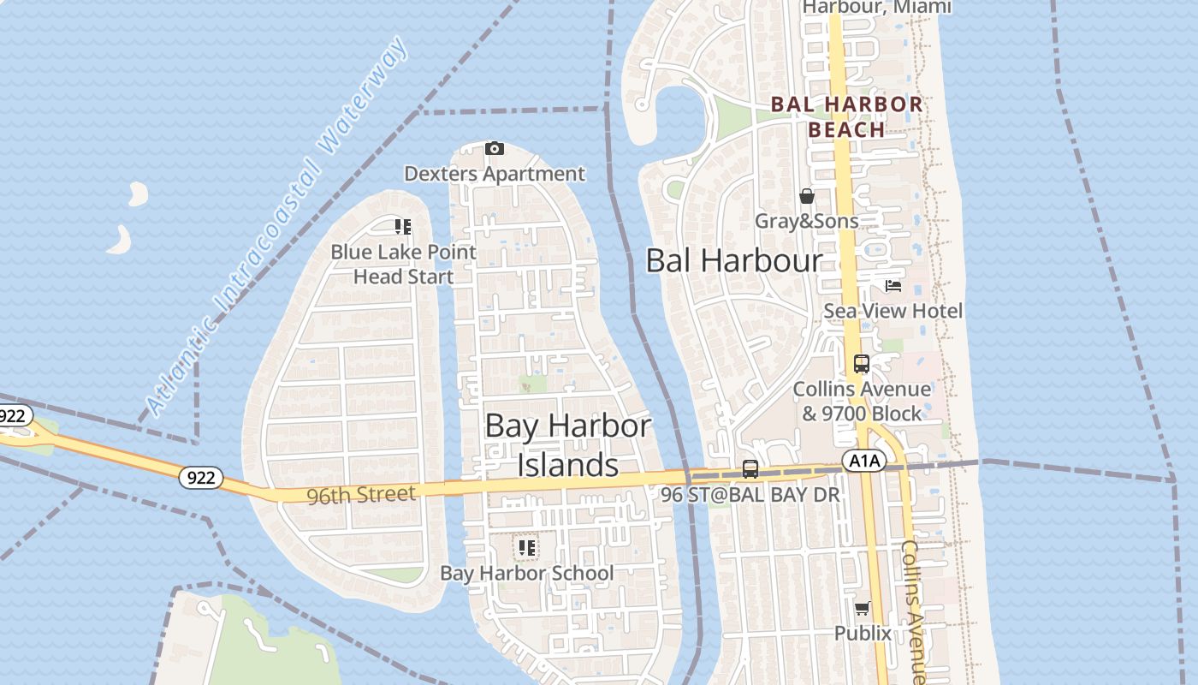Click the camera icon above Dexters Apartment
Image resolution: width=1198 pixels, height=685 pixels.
pyautogui.click(x=494, y=149)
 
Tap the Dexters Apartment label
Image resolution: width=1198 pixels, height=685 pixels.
pyautogui.click(x=495, y=174)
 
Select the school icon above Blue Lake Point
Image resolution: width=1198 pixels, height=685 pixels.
pyautogui.click(x=402, y=227)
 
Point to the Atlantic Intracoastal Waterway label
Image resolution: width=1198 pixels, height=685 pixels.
pyautogui.click(x=276, y=228)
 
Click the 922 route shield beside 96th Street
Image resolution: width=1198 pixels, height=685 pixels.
pyautogui.click(x=201, y=478)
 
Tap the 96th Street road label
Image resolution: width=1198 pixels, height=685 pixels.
pyautogui.click(x=362, y=494)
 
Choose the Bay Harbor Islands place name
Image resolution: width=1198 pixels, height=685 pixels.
pyautogui.click(x=568, y=445)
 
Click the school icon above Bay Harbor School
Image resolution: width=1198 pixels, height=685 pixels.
pyautogui.click(x=526, y=547)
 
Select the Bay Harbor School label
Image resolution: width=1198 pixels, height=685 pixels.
pyautogui.click(x=526, y=573)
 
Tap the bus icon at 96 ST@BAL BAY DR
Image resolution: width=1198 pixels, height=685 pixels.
pyautogui.click(x=750, y=469)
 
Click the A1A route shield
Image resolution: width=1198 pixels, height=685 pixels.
pyautogui.click(x=863, y=462)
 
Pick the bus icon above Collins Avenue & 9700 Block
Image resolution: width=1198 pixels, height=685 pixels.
pyautogui.click(x=862, y=364)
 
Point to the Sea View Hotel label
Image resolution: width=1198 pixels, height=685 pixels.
pyautogui.click(x=893, y=311)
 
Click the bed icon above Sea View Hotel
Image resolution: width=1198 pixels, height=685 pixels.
pyautogui.click(x=893, y=286)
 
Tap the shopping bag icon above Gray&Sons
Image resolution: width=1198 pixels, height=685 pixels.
pyautogui.click(x=806, y=197)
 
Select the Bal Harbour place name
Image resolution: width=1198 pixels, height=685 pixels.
pyautogui.click(x=733, y=261)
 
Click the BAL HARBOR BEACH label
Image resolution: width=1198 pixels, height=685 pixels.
pyautogui.click(x=846, y=117)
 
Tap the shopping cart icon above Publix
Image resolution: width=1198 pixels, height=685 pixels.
pyautogui.click(x=863, y=609)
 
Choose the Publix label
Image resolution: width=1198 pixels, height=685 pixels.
pyautogui.click(x=863, y=634)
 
